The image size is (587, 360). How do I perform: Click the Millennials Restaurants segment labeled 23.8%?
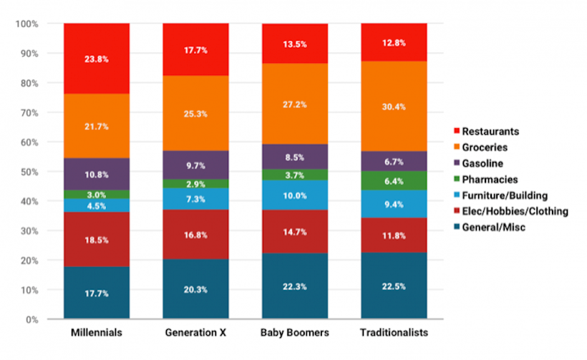point(97,59)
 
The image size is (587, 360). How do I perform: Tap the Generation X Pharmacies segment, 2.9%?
point(195,184)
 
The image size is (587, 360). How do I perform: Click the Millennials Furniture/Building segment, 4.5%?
point(97,205)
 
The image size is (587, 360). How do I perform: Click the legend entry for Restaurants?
point(489,131)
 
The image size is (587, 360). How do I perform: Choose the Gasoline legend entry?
point(485,163)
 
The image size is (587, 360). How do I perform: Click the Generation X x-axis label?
point(195,334)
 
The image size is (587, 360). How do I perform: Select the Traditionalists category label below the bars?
point(393,334)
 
